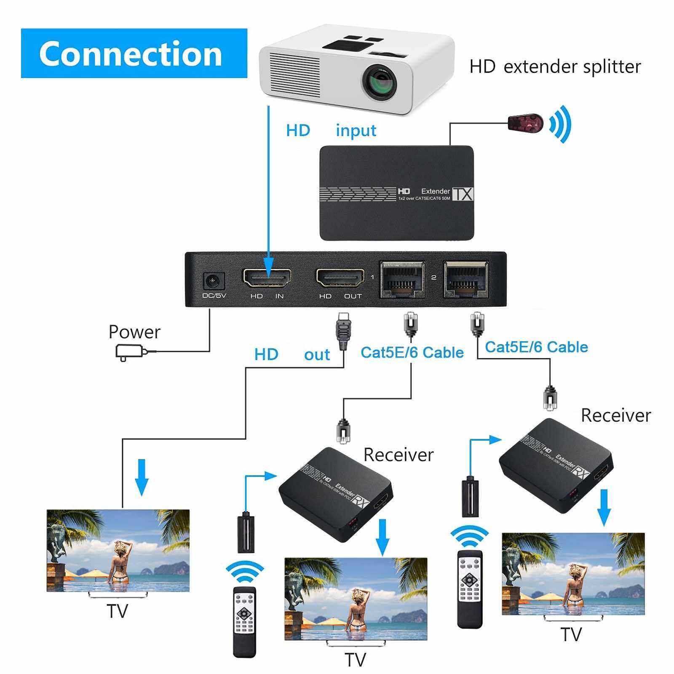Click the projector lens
pyautogui.click(x=380, y=81)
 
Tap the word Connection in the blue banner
pyautogui.click(x=131, y=53)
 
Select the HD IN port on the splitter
pyautogui.click(x=267, y=278)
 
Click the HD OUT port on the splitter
pyautogui.click(x=340, y=278)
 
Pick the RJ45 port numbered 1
pyautogui.click(x=402, y=278)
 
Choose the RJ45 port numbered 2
pyautogui.click(x=466, y=278)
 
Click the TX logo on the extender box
pyautogui.click(x=463, y=194)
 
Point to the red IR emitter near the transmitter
pyautogui.click(x=525, y=123)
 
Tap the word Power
pyautogui.click(x=134, y=332)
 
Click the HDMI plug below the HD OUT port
pyautogui.click(x=343, y=331)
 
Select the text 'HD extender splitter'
pyautogui.click(x=555, y=67)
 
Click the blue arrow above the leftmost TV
pyautogui.click(x=142, y=477)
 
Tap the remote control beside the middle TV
pyautogui.click(x=244, y=621)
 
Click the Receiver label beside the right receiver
pyautogui.click(x=615, y=415)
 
